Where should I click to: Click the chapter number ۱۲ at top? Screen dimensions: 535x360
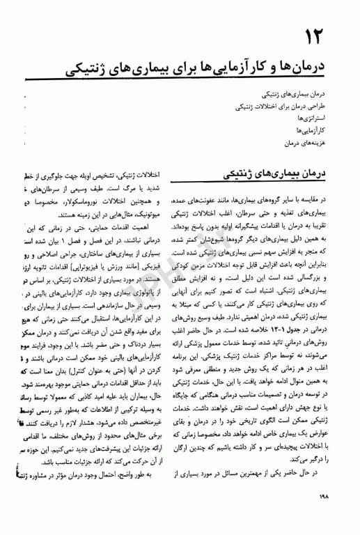(x=329, y=33)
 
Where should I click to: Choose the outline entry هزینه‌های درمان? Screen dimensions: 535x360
(x=317, y=141)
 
